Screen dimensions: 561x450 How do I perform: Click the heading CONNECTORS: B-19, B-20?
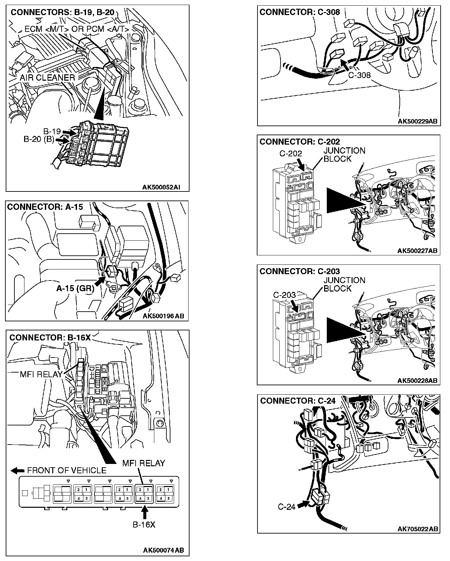(63, 13)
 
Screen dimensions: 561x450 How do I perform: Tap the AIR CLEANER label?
(47, 78)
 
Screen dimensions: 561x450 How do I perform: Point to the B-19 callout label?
(52, 131)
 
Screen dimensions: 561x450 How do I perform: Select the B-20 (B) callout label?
(39, 139)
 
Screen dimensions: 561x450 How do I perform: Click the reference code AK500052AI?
(161, 187)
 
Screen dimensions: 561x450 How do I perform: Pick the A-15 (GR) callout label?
(75, 288)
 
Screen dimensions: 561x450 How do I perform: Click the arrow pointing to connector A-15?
(100, 282)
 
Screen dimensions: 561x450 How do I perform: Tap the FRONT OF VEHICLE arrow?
(15, 470)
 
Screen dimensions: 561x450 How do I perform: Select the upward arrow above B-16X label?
(144, 512)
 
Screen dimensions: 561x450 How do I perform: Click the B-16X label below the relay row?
(144, 525)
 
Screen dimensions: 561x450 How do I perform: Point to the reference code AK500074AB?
(163, 550)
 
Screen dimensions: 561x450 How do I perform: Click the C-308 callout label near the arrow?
(359, 75)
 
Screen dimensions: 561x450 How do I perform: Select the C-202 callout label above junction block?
(291, 153)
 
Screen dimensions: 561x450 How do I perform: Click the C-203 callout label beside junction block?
(284, 295)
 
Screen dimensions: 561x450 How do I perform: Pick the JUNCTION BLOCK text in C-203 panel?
(344, 284)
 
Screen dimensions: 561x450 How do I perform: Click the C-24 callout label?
(287, 506)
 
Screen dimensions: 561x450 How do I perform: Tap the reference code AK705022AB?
(418, 529)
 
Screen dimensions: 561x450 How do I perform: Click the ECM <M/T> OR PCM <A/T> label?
(77, 29)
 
